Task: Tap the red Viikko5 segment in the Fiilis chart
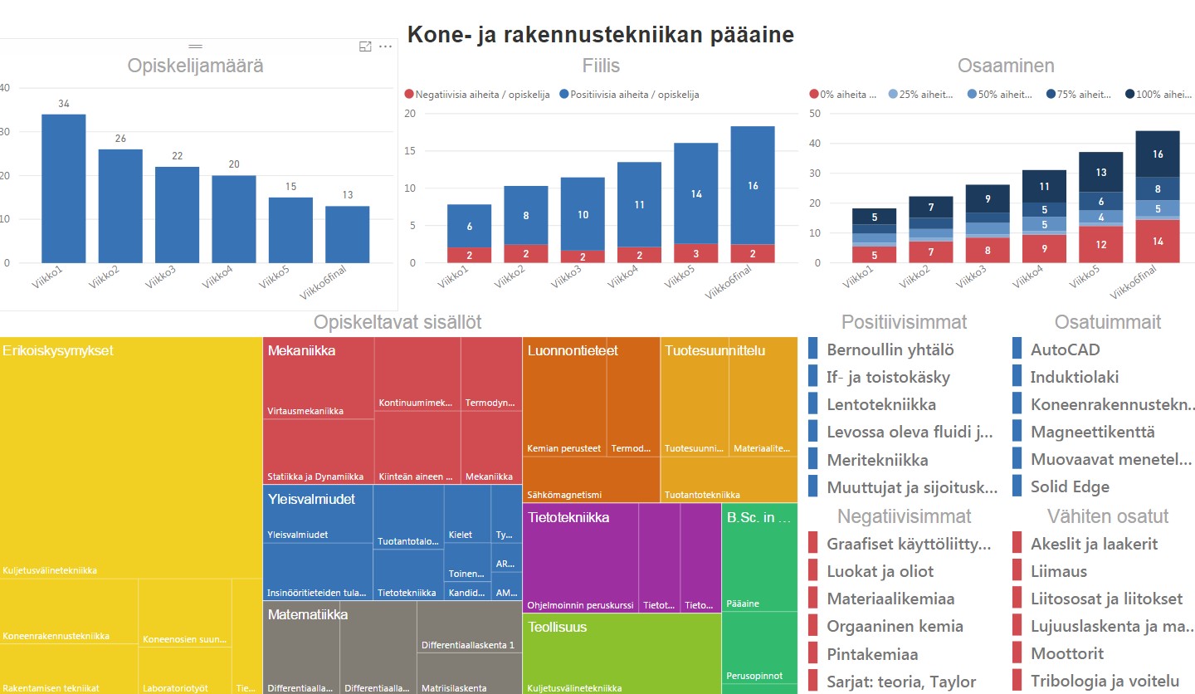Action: point(695,253)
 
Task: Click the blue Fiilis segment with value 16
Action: point(753,185)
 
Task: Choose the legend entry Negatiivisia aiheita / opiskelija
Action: point(476,95)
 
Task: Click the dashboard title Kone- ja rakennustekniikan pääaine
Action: point(600,35)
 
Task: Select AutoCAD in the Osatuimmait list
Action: point(1065,349)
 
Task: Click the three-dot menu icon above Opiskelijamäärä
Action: point(385,46)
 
